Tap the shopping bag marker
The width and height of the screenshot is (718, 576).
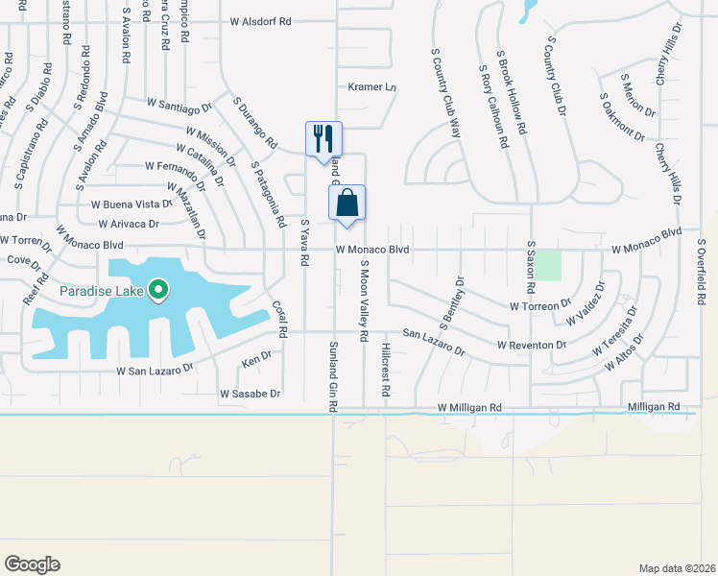tap(347, 203)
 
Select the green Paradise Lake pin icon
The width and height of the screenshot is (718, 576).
tap(160, 289)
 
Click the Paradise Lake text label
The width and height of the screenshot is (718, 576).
tap(101, 291)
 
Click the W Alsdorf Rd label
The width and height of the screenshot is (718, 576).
tap(259, 21)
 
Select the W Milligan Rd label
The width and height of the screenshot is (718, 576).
tap(469, 408)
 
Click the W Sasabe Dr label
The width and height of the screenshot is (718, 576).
tap(250, 394)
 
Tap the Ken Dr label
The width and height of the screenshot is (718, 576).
tap(257, 361)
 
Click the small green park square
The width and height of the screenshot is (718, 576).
tap(547, 265)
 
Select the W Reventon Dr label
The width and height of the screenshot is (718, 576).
tap(534, 344)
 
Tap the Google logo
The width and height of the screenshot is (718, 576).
tap(32, 564)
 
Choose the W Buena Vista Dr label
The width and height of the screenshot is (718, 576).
tap(131, 204)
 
